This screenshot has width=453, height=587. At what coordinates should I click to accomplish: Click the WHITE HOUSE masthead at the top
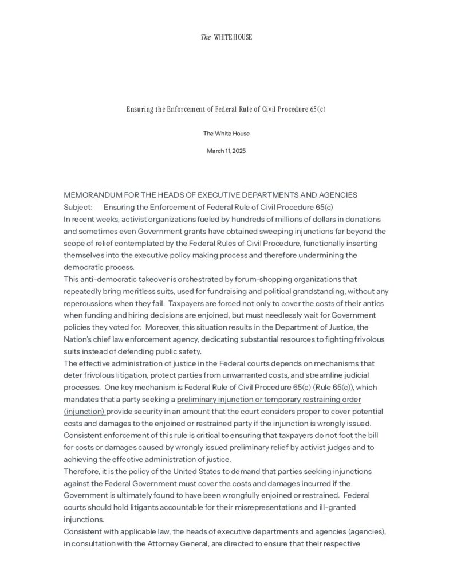tap(226, 37)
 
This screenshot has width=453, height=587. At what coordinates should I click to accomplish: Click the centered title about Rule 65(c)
tap(226, 109)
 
